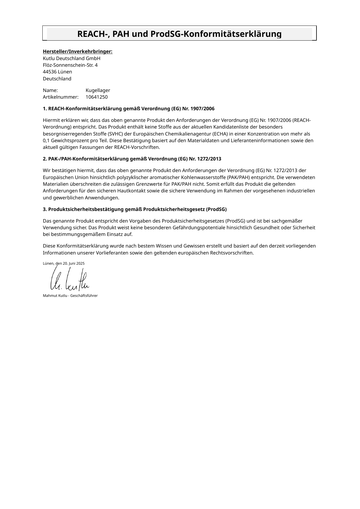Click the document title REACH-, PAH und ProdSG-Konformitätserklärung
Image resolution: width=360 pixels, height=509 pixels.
[179, 34]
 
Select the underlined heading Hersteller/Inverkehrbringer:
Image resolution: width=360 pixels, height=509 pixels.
[77, 52]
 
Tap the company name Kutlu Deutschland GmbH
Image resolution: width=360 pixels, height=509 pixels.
[71, 58]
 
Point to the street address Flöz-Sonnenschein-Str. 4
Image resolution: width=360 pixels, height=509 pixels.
[70, 65]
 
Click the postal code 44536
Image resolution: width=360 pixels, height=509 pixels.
[50, 72]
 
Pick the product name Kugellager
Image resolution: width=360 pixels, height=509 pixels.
[98, 90]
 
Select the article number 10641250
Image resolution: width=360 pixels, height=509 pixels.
[97, 97]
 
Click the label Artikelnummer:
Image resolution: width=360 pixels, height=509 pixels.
[61, 97]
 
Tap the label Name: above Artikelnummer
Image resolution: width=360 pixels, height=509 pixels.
[50, 90]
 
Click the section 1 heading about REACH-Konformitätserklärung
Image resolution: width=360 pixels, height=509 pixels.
[129, 109]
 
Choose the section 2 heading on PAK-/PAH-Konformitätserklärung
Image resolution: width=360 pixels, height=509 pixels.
[132, 159]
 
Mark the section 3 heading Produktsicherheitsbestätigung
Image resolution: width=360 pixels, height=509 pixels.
[135, 209]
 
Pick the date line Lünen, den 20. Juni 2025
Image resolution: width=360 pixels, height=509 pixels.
[64, 263]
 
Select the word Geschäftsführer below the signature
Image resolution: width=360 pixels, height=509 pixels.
[84, 296]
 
